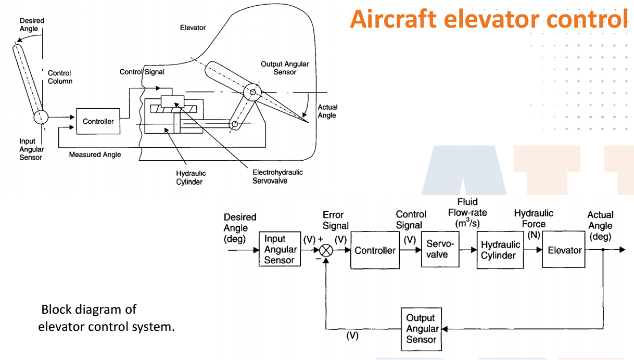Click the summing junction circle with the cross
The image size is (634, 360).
[326, 250]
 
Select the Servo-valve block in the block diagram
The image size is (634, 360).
[440, 250]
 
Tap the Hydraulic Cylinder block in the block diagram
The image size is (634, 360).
[500, 250]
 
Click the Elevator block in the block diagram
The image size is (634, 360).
[564, 250]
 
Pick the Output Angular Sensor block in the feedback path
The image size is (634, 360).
[421, 329]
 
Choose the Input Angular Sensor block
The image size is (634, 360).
[280, 249]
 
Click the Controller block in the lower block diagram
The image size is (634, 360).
[375, 250]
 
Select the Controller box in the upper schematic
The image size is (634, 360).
[98, 121]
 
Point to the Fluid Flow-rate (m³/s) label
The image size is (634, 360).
[467, 213]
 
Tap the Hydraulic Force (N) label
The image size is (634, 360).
[534, 224]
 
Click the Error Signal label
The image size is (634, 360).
[335, 220]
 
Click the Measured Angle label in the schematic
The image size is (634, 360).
[95, 155]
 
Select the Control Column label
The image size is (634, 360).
[60, 77]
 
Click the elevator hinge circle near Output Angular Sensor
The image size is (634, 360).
[253, 93]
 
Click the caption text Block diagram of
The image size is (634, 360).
[88, 310]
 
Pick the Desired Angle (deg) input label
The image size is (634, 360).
[239, 228]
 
